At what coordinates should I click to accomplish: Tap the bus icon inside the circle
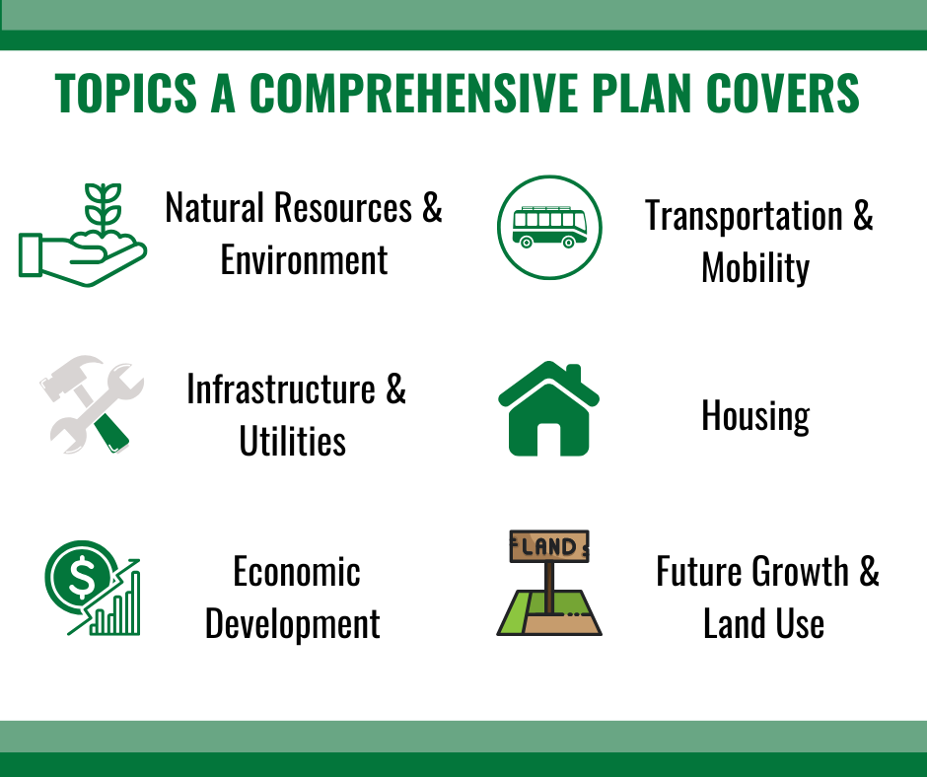tap(549, 226)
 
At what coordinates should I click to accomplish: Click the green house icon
tap(548, 409)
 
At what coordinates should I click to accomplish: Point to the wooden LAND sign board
tap(549, 546)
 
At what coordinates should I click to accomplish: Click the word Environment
tap(304, 260)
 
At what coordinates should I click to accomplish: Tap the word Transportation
tap(744, 216)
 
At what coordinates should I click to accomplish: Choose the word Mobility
tap(755, 268)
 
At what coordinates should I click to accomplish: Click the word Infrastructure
tap(281, 389)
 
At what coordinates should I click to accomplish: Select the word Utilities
tap(293, 442)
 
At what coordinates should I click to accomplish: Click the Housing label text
tap(755, 416)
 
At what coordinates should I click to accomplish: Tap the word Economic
tap(296, 572)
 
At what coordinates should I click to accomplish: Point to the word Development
tap(293, 624)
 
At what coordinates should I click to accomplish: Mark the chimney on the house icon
tap(574, 376)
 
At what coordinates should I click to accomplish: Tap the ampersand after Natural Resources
tap(432, 208)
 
